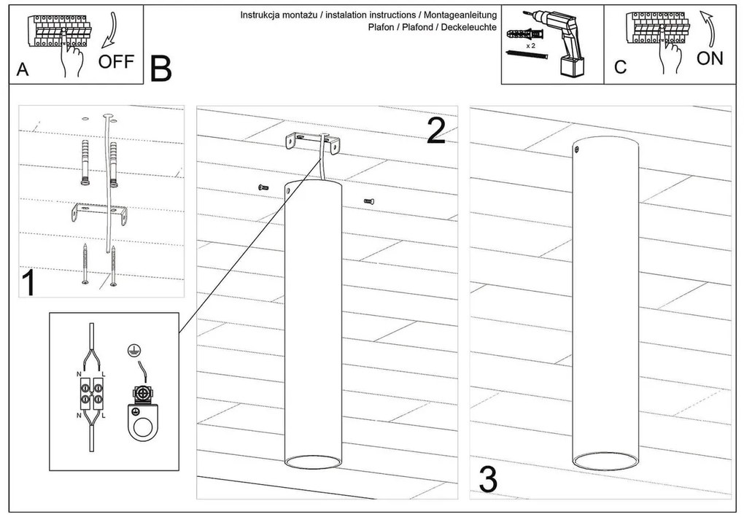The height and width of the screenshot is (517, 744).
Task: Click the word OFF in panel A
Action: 117,61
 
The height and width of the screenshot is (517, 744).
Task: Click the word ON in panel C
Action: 710,58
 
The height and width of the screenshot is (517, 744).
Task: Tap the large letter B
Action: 161,69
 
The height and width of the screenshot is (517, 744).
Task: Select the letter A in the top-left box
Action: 22,70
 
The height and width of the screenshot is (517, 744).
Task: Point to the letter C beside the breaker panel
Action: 620,68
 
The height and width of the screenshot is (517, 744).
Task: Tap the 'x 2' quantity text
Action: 530,44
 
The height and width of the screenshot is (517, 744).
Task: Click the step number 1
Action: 28,284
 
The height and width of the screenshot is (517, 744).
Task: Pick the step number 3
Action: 489,480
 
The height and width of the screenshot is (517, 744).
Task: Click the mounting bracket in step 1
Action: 100,212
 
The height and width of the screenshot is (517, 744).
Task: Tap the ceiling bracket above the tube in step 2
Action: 312,142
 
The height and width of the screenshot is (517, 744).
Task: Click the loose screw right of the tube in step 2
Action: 368,201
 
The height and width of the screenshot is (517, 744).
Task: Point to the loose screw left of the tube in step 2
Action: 264,188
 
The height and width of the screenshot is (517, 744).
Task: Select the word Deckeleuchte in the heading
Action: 468,27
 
